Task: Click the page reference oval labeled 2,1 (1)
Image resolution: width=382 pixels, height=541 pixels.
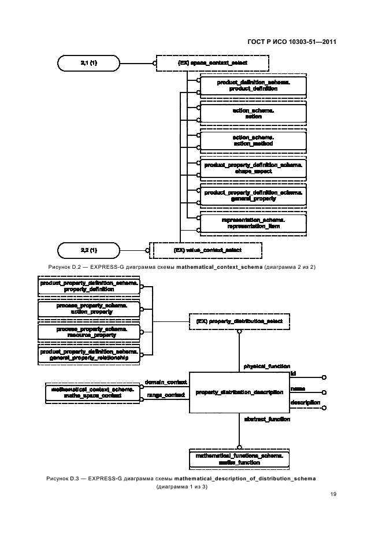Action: click(x=88, y=62)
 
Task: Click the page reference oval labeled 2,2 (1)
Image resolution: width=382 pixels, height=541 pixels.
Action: click(x=88, y=250)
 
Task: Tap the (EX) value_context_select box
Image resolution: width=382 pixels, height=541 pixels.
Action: click(x=206, y=250)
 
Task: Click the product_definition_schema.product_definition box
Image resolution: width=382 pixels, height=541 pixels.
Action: click(x=253, y=86)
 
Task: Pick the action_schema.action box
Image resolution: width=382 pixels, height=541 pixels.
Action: click(x=253, y=113)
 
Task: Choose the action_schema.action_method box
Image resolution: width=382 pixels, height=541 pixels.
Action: click(x=253, y=140)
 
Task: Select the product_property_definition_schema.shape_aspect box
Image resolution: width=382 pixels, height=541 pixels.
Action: click(x=253, y=168)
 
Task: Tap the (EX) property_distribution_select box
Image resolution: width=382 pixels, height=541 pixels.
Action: click(x=239, y=321)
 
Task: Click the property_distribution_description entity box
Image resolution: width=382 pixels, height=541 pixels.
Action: click(x=239, y=392)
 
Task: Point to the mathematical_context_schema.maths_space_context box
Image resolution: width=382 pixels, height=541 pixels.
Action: click(x=92, y=393)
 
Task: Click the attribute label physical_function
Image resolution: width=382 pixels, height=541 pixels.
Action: click(x=266, y=366)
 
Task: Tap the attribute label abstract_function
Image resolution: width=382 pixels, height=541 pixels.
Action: click(x=266, y=419)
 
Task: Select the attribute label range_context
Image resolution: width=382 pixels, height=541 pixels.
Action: click(x=165, y=395)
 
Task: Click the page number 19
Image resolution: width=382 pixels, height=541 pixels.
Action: click(x=333, y=494)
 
